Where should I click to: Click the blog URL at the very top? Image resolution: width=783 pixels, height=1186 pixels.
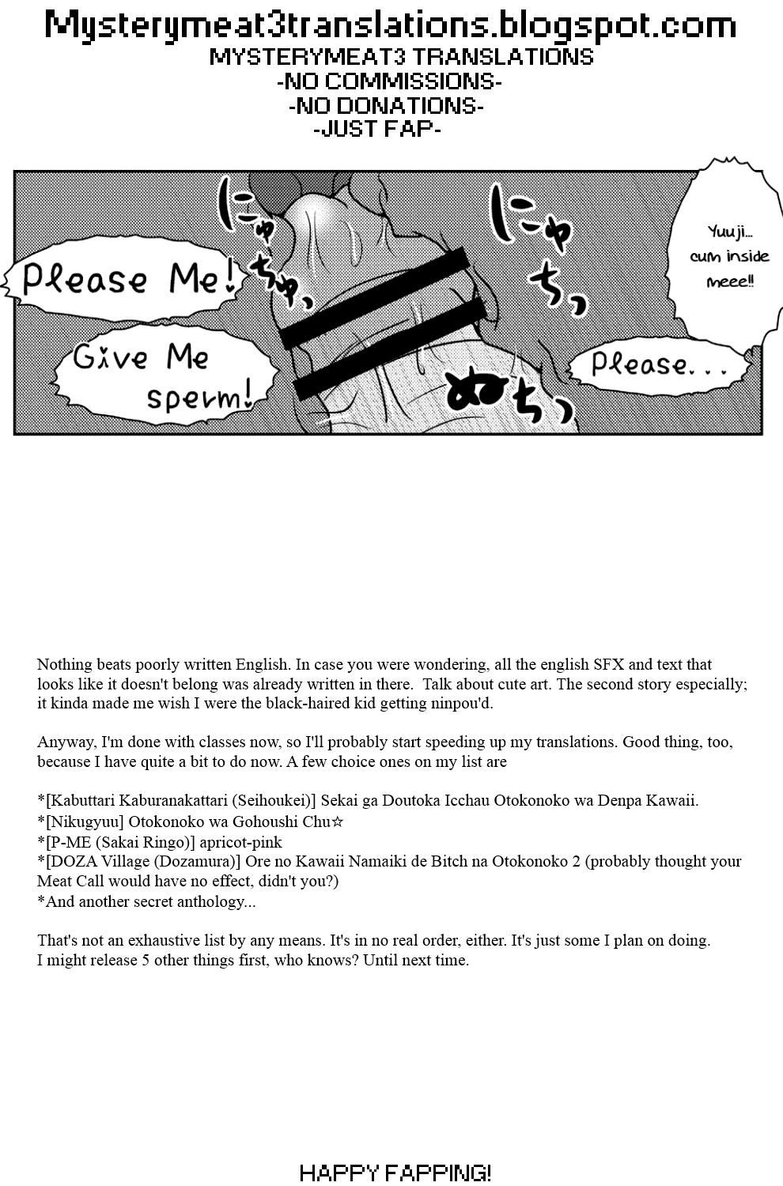click(x=391, y=25)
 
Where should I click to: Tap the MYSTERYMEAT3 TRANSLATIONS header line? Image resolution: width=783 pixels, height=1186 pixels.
click(x=401, y=57)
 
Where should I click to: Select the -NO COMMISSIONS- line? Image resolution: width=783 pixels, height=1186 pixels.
click(x=389, y=81)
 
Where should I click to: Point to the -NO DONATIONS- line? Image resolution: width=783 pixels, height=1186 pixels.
click(x=386, y=105)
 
